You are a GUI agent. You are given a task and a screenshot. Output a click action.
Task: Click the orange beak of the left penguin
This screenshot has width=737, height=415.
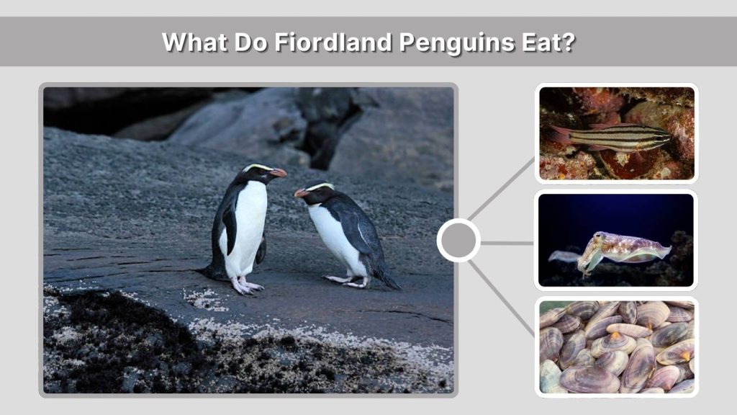(279, 173)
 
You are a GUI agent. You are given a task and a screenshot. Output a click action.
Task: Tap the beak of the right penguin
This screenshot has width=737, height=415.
(300, 193)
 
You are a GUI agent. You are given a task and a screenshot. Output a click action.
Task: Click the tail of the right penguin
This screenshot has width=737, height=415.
(390, 282)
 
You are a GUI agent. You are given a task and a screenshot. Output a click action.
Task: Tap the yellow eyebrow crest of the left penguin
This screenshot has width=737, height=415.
(258, 167)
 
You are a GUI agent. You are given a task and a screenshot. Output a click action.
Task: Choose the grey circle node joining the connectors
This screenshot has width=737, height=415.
(458, 241)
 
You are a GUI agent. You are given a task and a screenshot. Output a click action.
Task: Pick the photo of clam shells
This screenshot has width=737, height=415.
(617, 347)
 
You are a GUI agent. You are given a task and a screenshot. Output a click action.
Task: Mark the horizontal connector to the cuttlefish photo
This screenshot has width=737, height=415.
(507, 243)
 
